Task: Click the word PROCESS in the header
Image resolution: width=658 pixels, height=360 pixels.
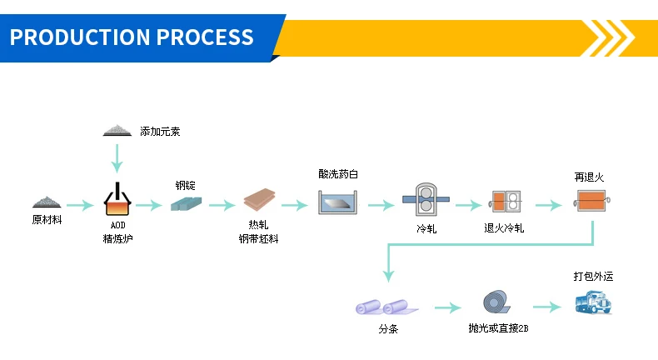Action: point(205,37)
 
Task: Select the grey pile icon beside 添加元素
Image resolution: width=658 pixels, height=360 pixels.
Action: point(117,130)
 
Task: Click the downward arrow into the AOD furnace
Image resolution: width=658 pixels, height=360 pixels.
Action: point(117,158)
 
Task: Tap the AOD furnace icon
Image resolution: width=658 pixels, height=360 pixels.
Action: point(117,200)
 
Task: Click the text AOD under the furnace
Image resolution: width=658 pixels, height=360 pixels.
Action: point(117,225)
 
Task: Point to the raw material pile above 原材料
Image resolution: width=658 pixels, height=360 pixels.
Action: point(47,202)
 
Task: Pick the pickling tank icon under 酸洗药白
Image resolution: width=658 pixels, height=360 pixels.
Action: point(338,202)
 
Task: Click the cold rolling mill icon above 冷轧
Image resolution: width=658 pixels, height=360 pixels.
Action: point(426,201)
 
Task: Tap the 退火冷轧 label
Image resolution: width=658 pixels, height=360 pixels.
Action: point(504,227)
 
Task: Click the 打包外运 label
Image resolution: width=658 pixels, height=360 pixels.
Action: point(593,276)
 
